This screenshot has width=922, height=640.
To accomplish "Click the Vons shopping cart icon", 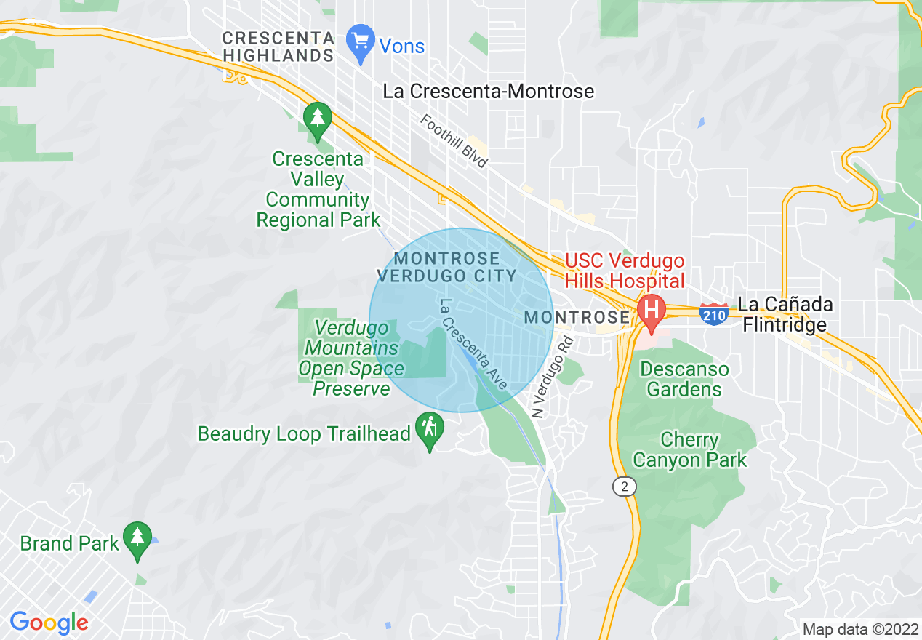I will [361, 43].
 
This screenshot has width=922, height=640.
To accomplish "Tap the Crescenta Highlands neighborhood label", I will [278, 47].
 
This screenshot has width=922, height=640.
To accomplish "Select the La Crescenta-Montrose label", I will [488, 92].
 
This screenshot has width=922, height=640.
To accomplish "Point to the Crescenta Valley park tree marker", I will [317, 120].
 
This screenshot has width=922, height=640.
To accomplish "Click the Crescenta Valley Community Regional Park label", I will [318, 189].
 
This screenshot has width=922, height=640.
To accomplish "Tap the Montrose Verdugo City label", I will [446, 267].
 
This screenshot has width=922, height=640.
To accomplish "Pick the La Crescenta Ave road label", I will [473, 344].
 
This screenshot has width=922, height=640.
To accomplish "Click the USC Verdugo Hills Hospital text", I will [625, 271].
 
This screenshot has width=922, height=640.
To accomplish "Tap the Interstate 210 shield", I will [714, 313].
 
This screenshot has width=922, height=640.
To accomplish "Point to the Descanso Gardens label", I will [684, 379].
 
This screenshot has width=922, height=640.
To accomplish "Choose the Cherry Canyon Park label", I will [689, 449].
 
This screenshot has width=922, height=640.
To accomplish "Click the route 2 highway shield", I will [624, 486].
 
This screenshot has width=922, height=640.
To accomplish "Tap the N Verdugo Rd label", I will [553, 377].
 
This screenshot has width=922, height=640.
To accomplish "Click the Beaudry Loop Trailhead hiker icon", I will [429, 429].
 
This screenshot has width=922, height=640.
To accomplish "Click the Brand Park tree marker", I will [137, 539].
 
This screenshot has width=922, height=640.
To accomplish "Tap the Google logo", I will [49, 623].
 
